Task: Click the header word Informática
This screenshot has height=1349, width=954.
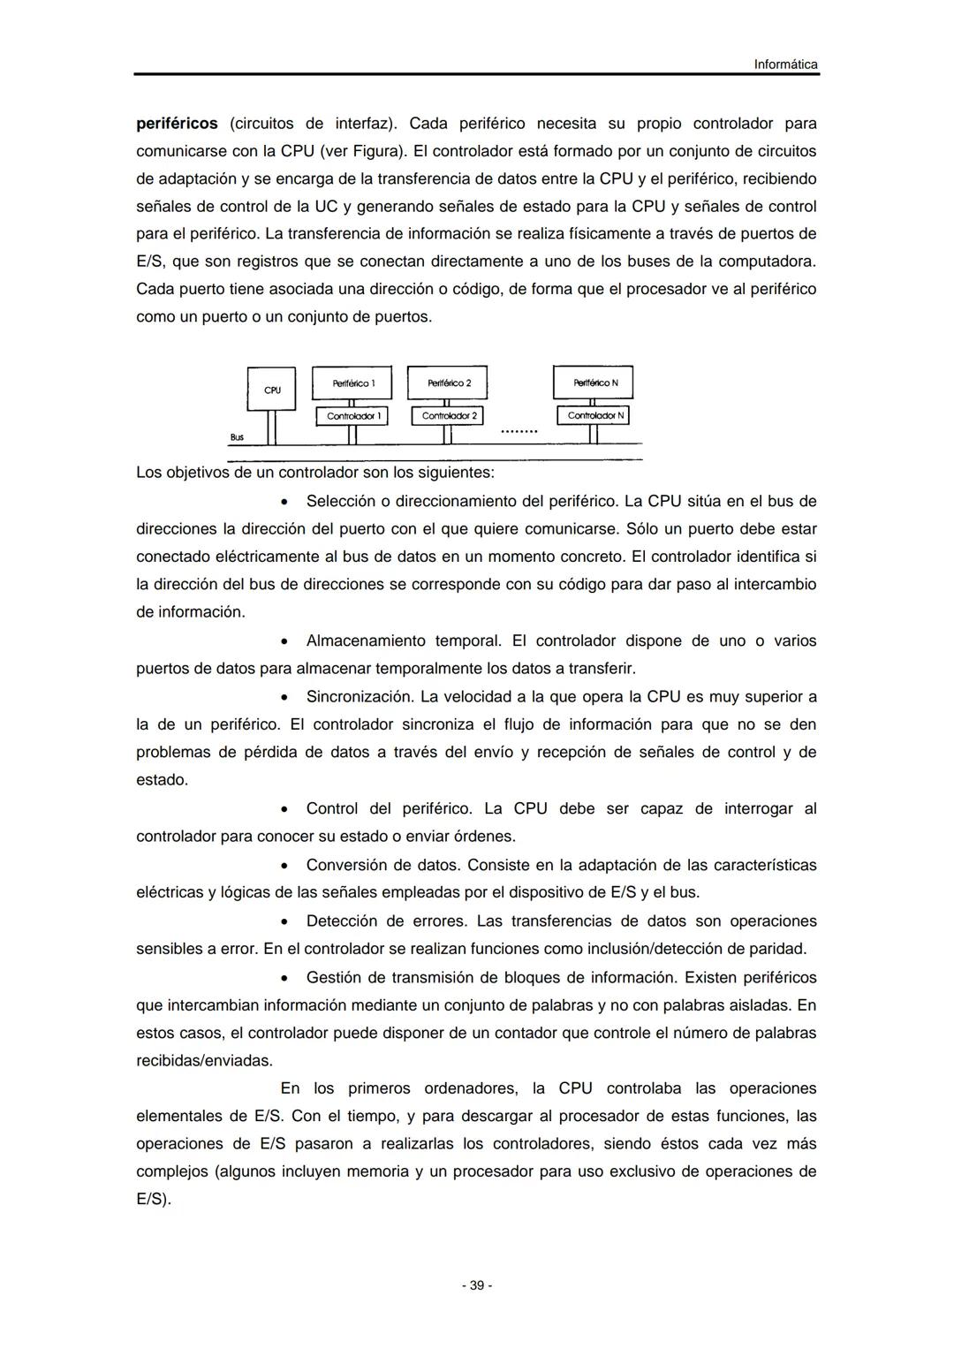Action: point(785,64)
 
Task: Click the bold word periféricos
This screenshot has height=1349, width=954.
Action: point(177,123)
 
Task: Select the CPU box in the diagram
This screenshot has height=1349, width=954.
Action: point(272,389)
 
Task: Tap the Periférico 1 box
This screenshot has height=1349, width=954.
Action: point(353,383)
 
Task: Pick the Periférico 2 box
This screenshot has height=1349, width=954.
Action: point(448,383)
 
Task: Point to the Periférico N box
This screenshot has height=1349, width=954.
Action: point(594,383)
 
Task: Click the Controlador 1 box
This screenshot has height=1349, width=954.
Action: point(352,415)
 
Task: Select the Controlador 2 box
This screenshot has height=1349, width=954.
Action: point(448,415)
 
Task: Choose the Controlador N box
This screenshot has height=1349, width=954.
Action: point(594,415)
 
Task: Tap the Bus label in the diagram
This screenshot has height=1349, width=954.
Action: point(237,437)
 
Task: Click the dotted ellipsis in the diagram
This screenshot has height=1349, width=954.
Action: point(519,432)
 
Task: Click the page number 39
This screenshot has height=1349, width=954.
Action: point(477,1285)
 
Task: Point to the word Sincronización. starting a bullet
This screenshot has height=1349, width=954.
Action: point(360,697)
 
